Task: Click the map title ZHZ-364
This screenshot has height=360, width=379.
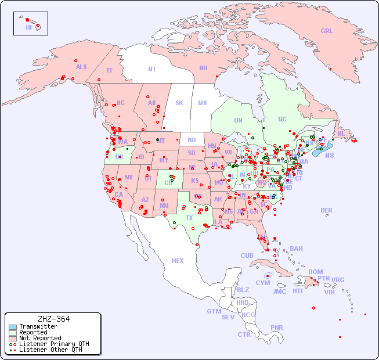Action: (x=53, y=319)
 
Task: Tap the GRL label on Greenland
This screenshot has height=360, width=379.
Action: (x=327, y=31)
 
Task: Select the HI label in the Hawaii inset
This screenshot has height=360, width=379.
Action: (x=28, y=27)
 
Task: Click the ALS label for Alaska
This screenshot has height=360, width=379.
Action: (x=81, y=67)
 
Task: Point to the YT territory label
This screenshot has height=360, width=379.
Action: (x=109, y=70)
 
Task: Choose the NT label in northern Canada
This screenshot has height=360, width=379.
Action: (x=152, y=69)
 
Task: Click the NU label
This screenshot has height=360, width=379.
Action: (x=203, y=68)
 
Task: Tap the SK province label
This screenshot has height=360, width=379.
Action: (x=179, y=103)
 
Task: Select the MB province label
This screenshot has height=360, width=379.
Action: (x=203, y=103)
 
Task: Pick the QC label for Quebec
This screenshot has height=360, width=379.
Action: (x=282, y=119)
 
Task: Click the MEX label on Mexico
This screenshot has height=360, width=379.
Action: (x=178, y=261)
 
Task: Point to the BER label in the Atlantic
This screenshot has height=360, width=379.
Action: (x=326, y=210)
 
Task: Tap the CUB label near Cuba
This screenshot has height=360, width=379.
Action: (x=247, y=255)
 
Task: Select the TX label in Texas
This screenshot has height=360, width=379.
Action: (x=189, y=218)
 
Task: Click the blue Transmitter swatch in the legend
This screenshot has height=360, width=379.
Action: (x=13, y=327)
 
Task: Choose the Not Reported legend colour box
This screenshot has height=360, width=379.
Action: (x=13, y=338)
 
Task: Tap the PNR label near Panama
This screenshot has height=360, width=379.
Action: (x=277, y=327)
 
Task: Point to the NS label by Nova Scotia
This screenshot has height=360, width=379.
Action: (x=329, y=155)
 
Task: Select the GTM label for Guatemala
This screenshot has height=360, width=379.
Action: (x=214, y=311)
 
